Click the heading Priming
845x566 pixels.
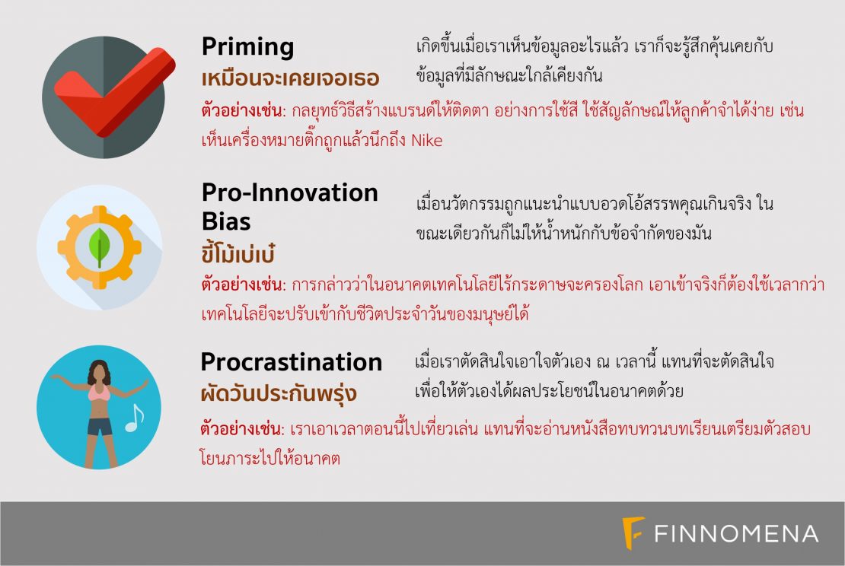pos(248,48)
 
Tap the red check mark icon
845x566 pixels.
pos(114,91)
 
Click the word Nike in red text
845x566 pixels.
pos(427,141)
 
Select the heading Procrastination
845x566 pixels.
pos(291,362)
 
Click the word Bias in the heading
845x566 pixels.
pos(226,221)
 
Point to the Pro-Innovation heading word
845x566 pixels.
pos(290,192)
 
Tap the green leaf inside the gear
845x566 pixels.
pos(99,248)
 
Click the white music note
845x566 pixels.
pos(134,418)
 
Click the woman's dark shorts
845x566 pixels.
pos(100,426)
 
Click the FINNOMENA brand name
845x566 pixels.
pos(736,534)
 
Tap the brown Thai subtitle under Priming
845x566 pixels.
pos(291,78)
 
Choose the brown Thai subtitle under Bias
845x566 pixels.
pos(238,253)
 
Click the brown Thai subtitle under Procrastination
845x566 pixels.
pos(279,393)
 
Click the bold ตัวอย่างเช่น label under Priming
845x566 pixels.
pos(243,110)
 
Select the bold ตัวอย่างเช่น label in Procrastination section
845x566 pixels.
pos(241,428)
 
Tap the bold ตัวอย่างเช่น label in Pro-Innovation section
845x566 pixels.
pos(243,284)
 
